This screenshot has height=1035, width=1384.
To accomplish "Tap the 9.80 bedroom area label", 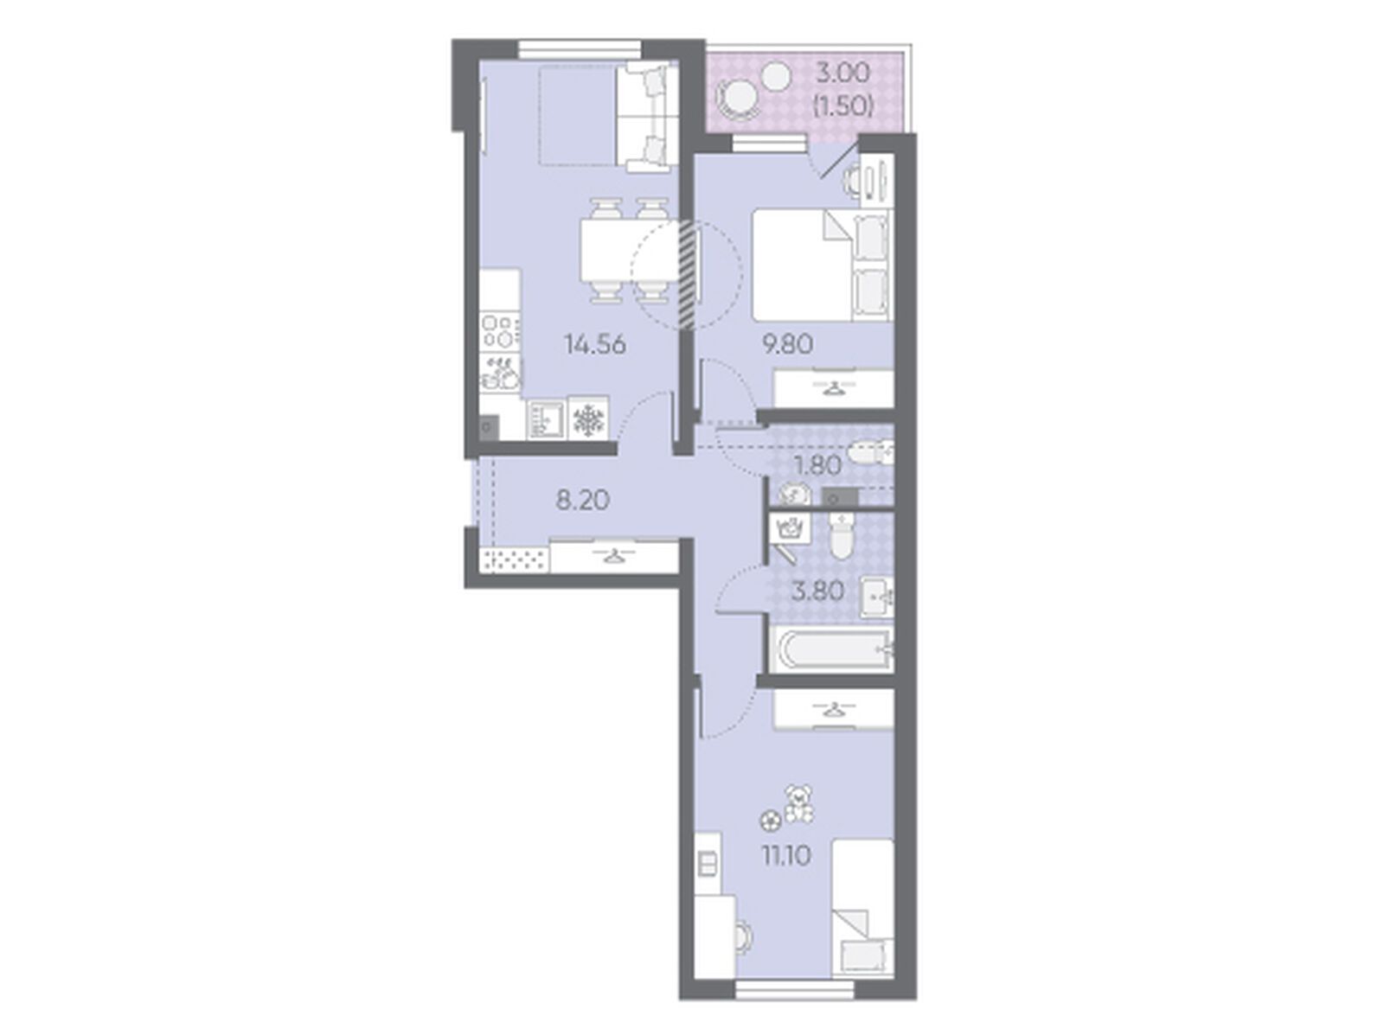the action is [x=787, y=345].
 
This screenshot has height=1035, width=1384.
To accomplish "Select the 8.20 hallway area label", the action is [x=582, y=501].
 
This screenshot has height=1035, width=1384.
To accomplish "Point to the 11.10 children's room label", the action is [x=785, y=857].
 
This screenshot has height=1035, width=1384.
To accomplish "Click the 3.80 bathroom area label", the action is [x=817, y=592].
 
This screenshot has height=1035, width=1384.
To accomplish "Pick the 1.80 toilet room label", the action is [x=817, y=466].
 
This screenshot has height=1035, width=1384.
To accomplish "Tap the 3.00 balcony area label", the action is [x=843, y=73].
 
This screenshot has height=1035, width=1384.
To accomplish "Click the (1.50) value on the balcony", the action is [x=843, y=105].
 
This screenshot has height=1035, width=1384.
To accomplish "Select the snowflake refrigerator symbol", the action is [x=588, y=420].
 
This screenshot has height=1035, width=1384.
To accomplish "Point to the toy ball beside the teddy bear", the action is [x=771, y=821].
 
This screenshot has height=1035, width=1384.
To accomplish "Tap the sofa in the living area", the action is [x=646, y=118].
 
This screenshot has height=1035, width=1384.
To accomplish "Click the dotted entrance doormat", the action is [x=514, y=559].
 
